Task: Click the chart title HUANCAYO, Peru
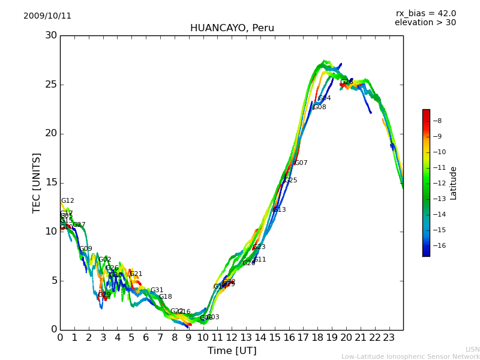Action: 232,28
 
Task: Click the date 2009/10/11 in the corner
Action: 47,16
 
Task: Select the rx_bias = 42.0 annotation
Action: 425,14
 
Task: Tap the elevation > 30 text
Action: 425,23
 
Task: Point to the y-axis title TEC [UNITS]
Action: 37,182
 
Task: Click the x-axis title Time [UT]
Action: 232,351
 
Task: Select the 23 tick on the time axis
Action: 389,338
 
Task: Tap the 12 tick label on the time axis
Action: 232,338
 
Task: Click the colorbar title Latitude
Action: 454,183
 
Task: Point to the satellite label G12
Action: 67,201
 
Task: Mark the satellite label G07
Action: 301,163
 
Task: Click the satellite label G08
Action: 320,107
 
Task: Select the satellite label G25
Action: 290,181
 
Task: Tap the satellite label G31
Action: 157,290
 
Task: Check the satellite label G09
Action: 86,249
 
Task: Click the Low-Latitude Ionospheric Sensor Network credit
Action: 410,357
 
